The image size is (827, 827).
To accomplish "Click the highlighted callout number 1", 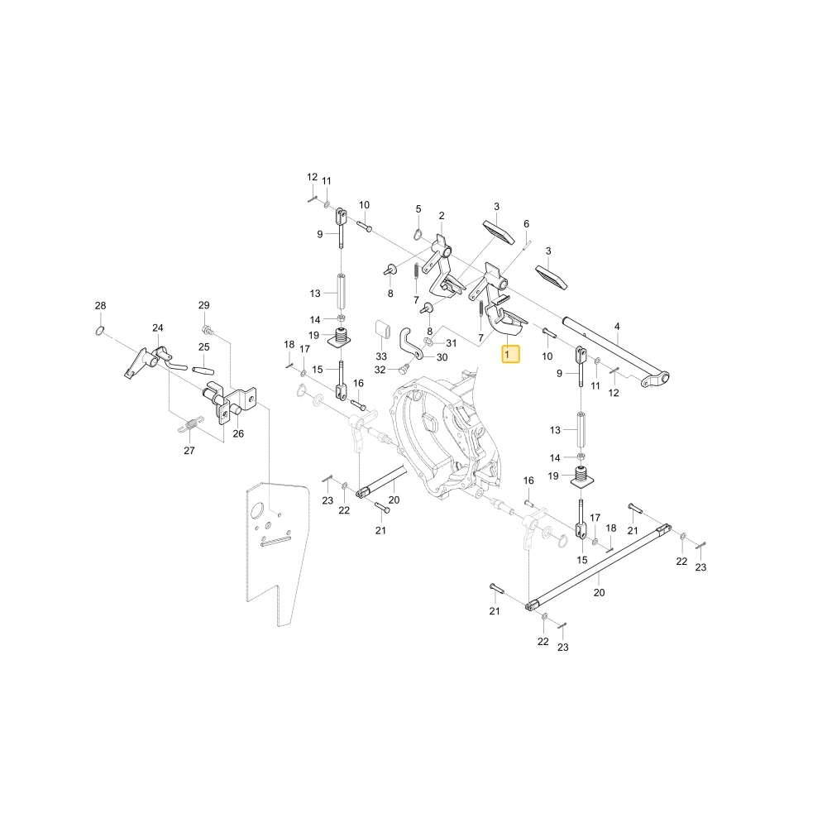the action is coord(510,355).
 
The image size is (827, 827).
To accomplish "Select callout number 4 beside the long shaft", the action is coord(617,327).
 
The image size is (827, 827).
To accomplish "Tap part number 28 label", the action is coord(100,305).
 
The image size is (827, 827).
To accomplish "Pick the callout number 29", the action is coord(204,305).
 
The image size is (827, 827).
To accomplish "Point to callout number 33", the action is coord(381,356).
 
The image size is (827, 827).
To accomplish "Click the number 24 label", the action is coord(158,328).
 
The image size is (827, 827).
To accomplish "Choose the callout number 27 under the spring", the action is coord(189,451).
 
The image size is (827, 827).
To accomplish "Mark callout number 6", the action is coord(526,224).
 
